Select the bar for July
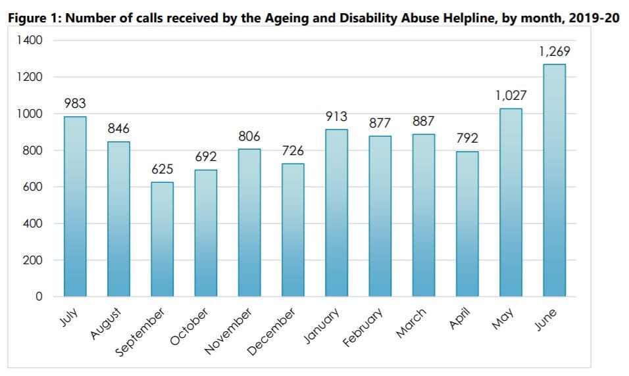point(75,206)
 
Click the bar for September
point(162,239)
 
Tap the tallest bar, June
point(554,180)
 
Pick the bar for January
point(336,213)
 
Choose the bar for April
point(467,224)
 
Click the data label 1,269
point(554,51)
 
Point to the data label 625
point(162,170)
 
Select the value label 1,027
point(511,96)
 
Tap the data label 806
point(249,137)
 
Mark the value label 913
point(336,117)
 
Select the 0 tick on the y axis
point(39,297)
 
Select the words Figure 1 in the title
point(34,18)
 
